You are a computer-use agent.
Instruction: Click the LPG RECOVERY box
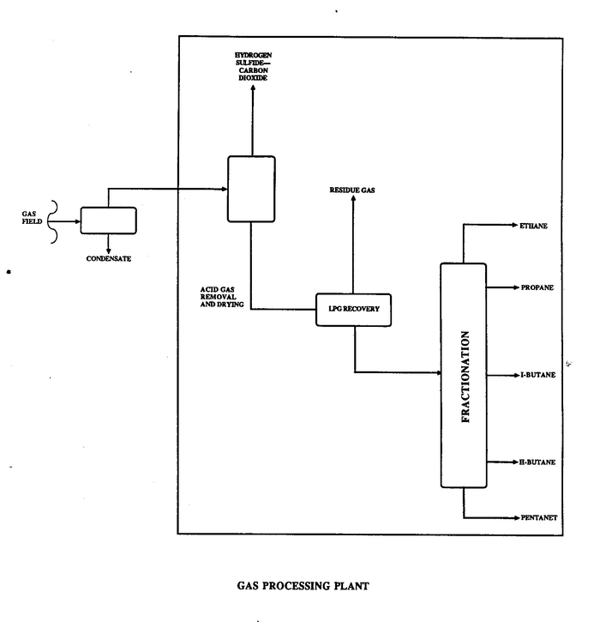click(x=354, y=308)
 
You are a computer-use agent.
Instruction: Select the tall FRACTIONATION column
click(x=463, y=375)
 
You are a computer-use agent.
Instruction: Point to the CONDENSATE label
click(x=109, y=257)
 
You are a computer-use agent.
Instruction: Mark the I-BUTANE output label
click(x=537, y=375)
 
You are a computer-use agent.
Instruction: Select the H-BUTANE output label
click(x=537, y=462)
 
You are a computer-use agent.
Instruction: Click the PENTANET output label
click(x=540, y=517)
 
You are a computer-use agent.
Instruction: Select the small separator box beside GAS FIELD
click(x=108, y=220)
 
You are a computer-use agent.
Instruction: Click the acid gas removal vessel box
click(x=251, y=187)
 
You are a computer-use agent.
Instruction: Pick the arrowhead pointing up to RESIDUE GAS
click(x=353, y=199)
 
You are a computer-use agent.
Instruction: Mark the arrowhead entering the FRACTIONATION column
click(x=435, y=372)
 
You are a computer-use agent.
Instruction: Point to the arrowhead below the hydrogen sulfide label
click(x=252, y=91)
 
